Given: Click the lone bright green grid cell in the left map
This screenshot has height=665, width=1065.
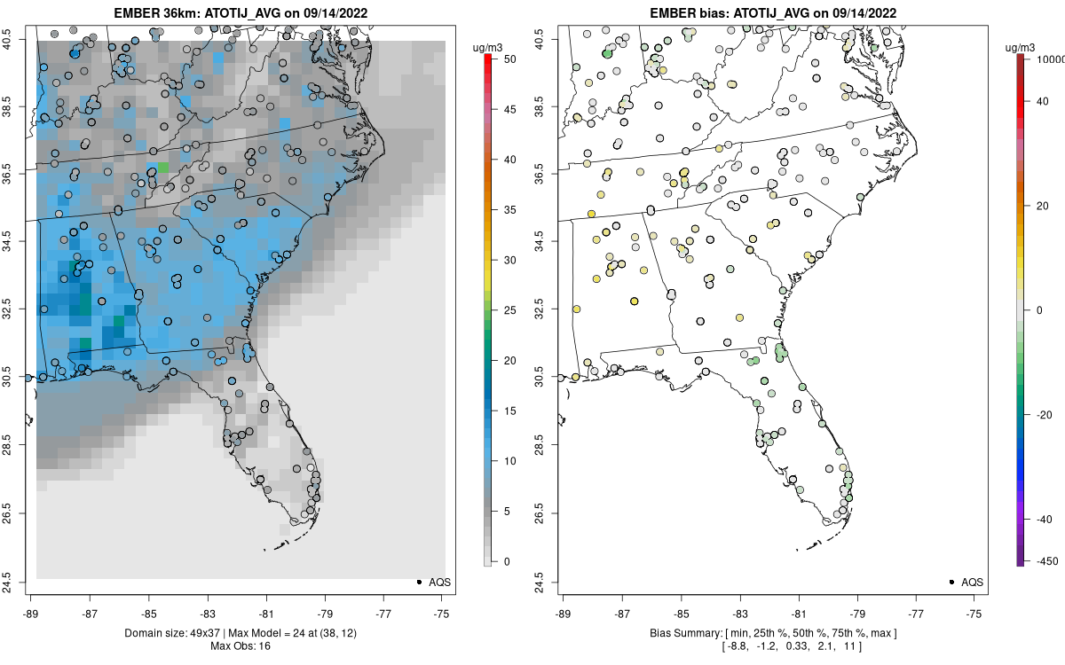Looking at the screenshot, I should [162, 168].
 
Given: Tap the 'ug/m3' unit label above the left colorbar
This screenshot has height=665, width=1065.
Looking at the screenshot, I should [486, 45].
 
